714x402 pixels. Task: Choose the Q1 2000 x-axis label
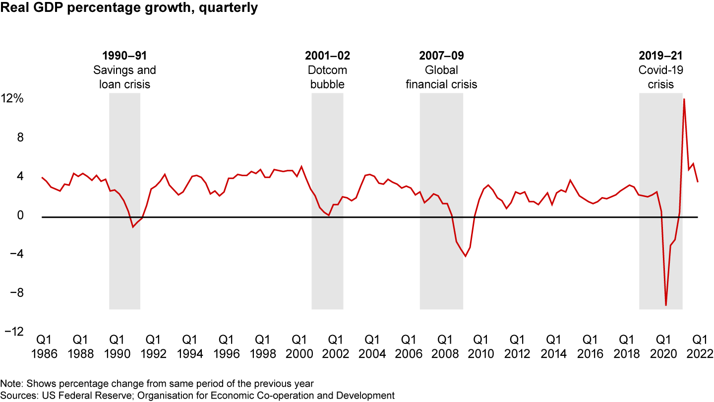pos(299,346)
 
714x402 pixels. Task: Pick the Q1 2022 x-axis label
pos(700,346)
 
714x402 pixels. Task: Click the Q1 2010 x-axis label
pos(481,346)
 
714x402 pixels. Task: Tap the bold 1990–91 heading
pos(124,56)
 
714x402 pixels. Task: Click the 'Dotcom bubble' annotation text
pos(327,77)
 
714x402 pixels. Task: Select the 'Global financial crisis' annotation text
pos(441,77)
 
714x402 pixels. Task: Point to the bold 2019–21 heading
pos(660,56)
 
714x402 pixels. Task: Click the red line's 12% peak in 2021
pos(684,99)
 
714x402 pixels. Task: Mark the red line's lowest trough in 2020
pos(666,305)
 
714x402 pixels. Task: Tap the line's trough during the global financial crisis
pos(466,256)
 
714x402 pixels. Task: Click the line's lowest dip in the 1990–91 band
pos(133,227)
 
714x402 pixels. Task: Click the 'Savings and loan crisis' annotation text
pos(124,77)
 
